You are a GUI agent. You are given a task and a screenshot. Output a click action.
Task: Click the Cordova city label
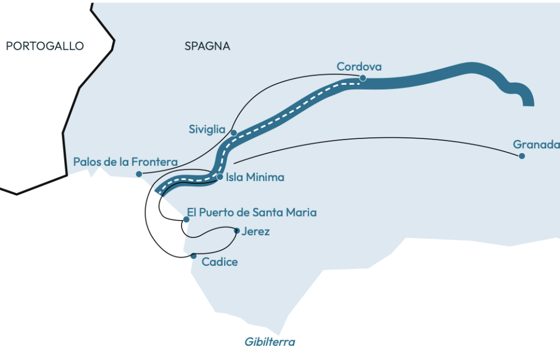[x=359, y=67]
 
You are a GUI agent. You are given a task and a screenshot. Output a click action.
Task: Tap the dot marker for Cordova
[x=363, y=78]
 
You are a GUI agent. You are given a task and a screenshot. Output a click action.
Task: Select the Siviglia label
[x=207, y=130]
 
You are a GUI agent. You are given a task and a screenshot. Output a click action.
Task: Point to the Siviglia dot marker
[x=234, y=133]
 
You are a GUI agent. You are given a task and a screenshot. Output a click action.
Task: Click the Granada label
[x=536, y=144]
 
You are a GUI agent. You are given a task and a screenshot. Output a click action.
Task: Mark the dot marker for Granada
[x=522, y=156]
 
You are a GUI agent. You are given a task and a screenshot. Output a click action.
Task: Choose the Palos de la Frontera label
[x=125, y=162]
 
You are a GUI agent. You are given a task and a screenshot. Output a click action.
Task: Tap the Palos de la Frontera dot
[x=139, y=174]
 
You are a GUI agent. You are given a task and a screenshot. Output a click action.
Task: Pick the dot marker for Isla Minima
[x=219, y=177]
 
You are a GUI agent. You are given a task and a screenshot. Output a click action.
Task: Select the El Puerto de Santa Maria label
[x=252, y=212]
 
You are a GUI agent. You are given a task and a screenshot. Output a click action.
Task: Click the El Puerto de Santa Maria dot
[x=186, y=219]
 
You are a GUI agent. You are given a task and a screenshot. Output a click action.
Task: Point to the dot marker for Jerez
[x=236, y=231]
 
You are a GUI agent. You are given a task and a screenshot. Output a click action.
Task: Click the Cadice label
[x=219, y=262]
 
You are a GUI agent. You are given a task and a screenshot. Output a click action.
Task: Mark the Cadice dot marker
[x=194, y=256]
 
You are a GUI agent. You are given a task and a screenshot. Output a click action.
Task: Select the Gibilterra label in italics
[x=270, y=342]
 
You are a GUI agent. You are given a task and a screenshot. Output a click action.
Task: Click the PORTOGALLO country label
[x=45, y=46]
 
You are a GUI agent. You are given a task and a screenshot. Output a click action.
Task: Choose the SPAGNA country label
[x=207, y=46]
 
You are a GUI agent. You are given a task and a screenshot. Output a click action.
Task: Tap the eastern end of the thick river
[x=528, y=103]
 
